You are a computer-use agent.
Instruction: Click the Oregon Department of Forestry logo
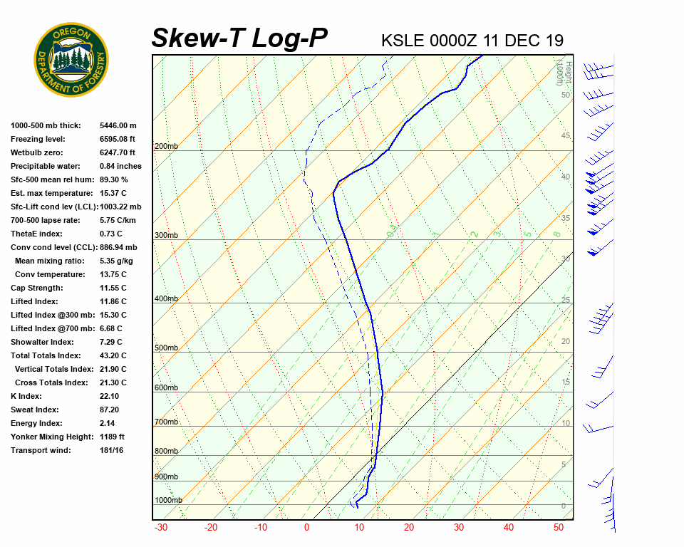pos(71,60)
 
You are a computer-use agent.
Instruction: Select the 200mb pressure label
pos(166,146)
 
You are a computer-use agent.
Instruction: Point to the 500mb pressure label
pos(166,348)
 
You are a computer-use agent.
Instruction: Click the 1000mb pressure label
pos(168,500)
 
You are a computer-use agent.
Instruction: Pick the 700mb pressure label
pos(166,422)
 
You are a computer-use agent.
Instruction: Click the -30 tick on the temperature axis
pos(161,528)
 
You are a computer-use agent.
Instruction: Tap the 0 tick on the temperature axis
pos(306,528)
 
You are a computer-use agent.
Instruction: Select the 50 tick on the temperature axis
pos(558,528)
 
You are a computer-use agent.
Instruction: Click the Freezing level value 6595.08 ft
pos(118,139)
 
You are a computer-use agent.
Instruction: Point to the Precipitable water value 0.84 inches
pos(120,166)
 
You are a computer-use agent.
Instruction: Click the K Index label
pos(26,396)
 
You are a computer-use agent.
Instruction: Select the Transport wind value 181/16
pos(112,450)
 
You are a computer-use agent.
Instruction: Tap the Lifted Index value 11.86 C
pos(113,301)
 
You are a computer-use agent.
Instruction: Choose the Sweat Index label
pos(34,410)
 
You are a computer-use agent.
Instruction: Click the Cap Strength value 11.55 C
pos(113,288)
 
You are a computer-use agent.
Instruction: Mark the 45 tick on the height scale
pos(566,136)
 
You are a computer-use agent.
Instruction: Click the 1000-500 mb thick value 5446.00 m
pos(118,125)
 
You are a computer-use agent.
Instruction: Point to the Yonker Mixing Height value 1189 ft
pos(112,437)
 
